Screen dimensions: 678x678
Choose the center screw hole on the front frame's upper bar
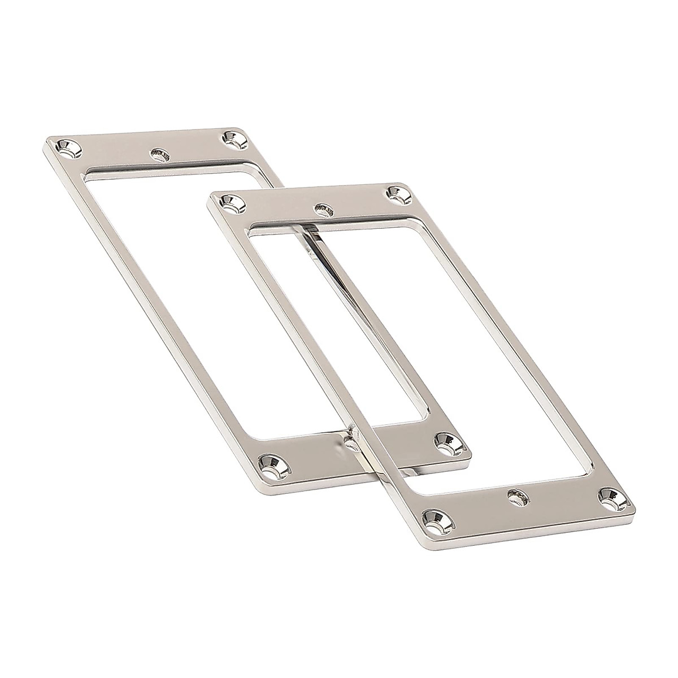pos(323,209)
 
